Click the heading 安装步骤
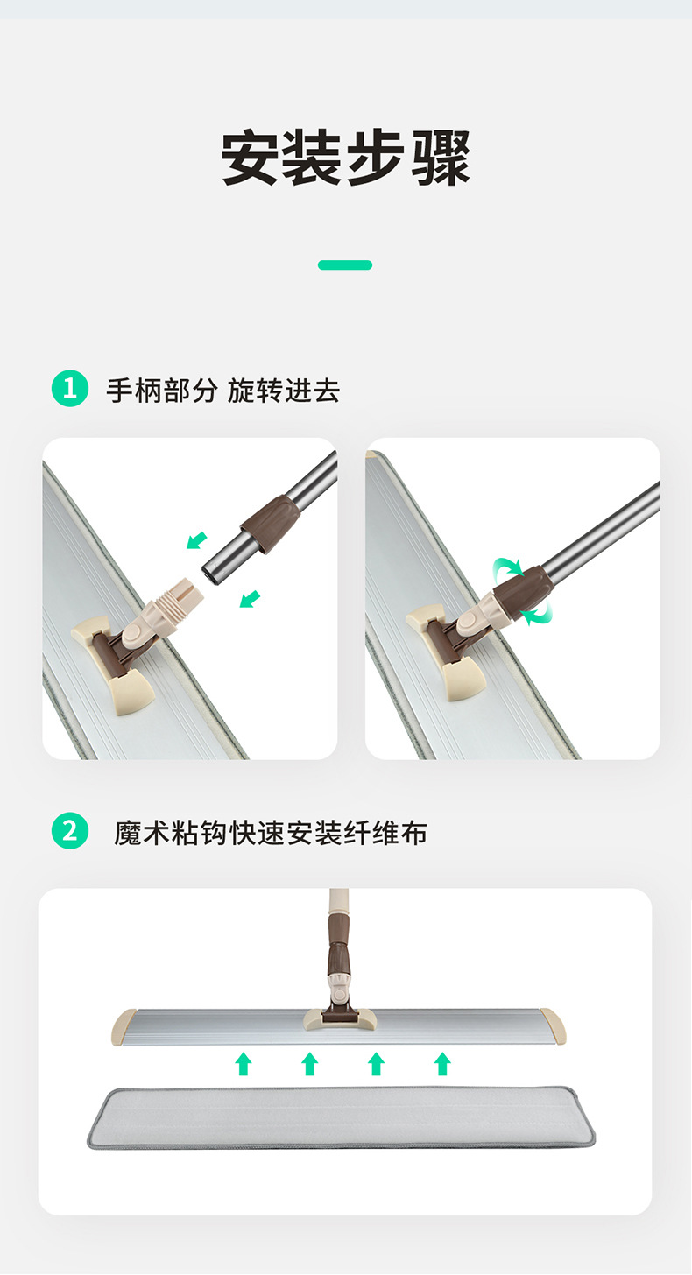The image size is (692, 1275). point(345,158)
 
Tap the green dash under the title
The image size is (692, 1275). point(345,264)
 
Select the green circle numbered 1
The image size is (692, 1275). point(70,389)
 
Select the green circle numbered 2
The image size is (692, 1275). point(70,831)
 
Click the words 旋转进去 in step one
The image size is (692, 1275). point(283,390)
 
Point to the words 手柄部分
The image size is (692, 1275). point(161,390)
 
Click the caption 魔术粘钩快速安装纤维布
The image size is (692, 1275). point(271,832)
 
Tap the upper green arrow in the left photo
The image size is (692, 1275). point(197,540)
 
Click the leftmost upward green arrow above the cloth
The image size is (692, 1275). point(244,1063)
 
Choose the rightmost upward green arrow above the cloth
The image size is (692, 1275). point(442,1063)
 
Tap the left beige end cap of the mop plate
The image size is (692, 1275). point(124,1025)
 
